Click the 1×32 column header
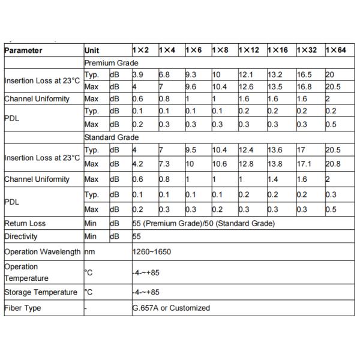[308, 51]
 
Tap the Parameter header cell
[23, 51]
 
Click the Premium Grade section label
[112, 63]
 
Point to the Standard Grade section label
[112, 137]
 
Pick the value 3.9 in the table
[137, 75]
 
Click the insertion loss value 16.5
[305, 75]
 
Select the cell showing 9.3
[191, 75]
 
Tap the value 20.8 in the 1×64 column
[334, 164]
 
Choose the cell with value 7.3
[164, 164]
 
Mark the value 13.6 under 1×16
[275, 151]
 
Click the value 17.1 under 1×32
[305, 164]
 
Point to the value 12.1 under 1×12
[247, 75]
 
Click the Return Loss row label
[25, 223]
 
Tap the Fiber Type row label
[22, 308]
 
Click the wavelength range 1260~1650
[152, 252]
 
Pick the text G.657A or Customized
[172, 308]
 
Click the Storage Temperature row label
[41, 293]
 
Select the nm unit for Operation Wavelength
[90, 252]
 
